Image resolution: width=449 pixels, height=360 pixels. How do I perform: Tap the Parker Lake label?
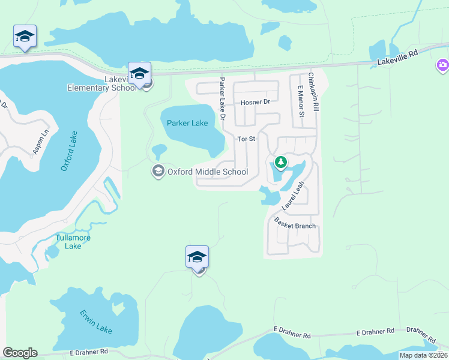[188, 123]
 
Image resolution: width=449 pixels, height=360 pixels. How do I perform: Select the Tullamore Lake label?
[73, 242]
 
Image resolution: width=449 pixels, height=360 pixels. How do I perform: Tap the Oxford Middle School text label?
[208, 172]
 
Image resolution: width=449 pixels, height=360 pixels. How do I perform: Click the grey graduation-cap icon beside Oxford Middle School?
[158, 172]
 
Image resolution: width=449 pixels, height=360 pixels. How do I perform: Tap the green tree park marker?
[280, 162]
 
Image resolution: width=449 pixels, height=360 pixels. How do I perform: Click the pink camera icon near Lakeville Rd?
[442, 65]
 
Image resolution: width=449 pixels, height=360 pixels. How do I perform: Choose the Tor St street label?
[247, 139]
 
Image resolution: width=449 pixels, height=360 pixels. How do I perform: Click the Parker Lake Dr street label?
[222, 98]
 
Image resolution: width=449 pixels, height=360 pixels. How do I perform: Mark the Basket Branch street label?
[295, 224]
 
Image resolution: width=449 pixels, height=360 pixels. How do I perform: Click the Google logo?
[20, 353]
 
